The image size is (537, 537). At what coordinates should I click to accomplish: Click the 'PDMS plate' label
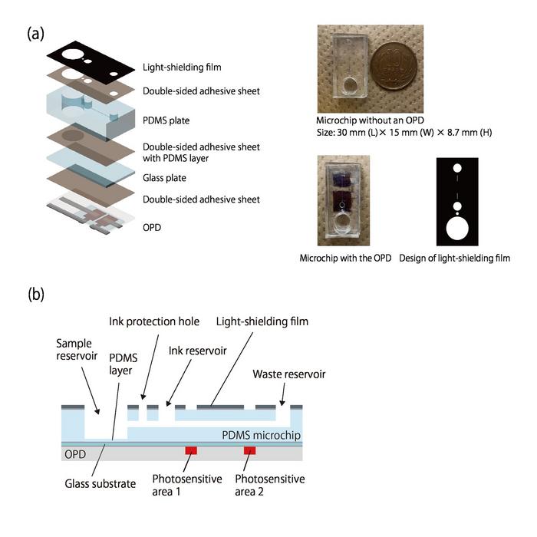[166, 120]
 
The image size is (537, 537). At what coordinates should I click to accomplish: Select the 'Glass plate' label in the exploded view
[165, 178]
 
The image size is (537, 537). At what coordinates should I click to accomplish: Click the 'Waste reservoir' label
[288, 375]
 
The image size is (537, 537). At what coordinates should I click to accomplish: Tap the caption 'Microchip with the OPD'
[345, 259]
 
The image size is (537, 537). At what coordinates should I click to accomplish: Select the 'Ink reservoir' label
[196, 351]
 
